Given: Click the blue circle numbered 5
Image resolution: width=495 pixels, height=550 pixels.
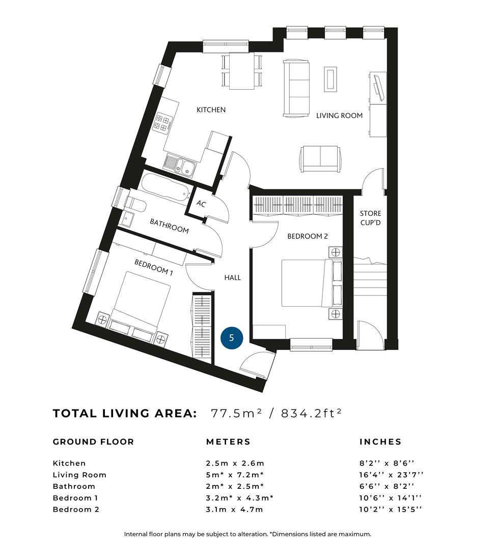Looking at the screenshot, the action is click(x=232, y=338).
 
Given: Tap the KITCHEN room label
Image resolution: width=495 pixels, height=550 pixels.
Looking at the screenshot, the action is click(x=211, y=110).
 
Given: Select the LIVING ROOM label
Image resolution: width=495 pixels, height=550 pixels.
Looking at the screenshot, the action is click(x=339, y=116).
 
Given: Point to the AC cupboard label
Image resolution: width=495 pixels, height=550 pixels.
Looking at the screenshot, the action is click(x=201, y=203).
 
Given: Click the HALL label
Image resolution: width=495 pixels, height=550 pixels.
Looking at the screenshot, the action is click(x=233, y=278).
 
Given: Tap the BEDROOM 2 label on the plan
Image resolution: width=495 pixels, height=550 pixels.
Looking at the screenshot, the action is click(x=307, y=236).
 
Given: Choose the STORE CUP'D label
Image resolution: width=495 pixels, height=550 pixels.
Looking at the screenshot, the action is click(x=370, y=218).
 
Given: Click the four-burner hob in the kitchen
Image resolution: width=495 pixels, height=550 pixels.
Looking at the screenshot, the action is click(x=162, y=122).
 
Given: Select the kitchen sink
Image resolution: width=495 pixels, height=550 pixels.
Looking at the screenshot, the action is click(x=180, y=165).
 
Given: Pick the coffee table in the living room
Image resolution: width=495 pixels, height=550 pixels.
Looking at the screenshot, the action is click(x=330, y=79).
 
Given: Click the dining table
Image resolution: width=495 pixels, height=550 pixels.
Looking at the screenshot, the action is click(x=242, y=71).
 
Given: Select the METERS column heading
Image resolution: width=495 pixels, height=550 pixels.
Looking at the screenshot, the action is click(x=228, y=442).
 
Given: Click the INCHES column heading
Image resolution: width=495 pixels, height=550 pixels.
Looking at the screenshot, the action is click(x=380, y=442).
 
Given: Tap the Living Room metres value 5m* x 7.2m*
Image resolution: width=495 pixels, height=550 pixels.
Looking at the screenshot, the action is click(x=235, y=475).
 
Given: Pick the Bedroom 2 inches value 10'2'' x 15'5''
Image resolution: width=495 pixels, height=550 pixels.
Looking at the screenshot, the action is click(x=390, y=509).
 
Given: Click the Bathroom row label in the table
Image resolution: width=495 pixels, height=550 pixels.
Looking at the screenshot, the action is click(x=74, y=486).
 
